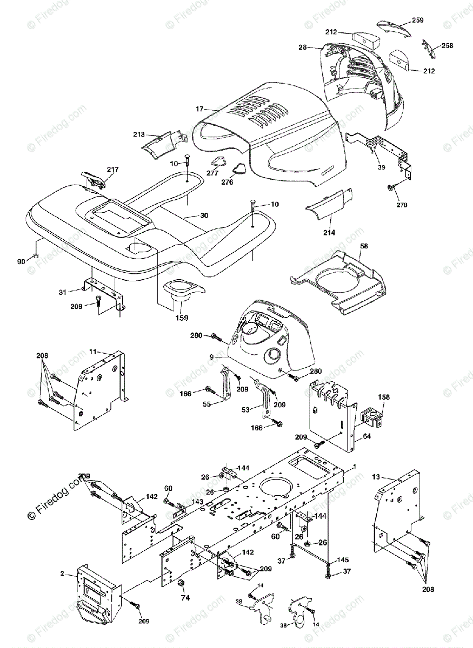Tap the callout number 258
tap(447, 45)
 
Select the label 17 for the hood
tap(200, 108)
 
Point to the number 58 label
tap(364, 246)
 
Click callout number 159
tap(182, 318)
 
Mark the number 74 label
tap(185, 598)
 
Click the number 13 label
tap(377, 477)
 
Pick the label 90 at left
tap(21, 262)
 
